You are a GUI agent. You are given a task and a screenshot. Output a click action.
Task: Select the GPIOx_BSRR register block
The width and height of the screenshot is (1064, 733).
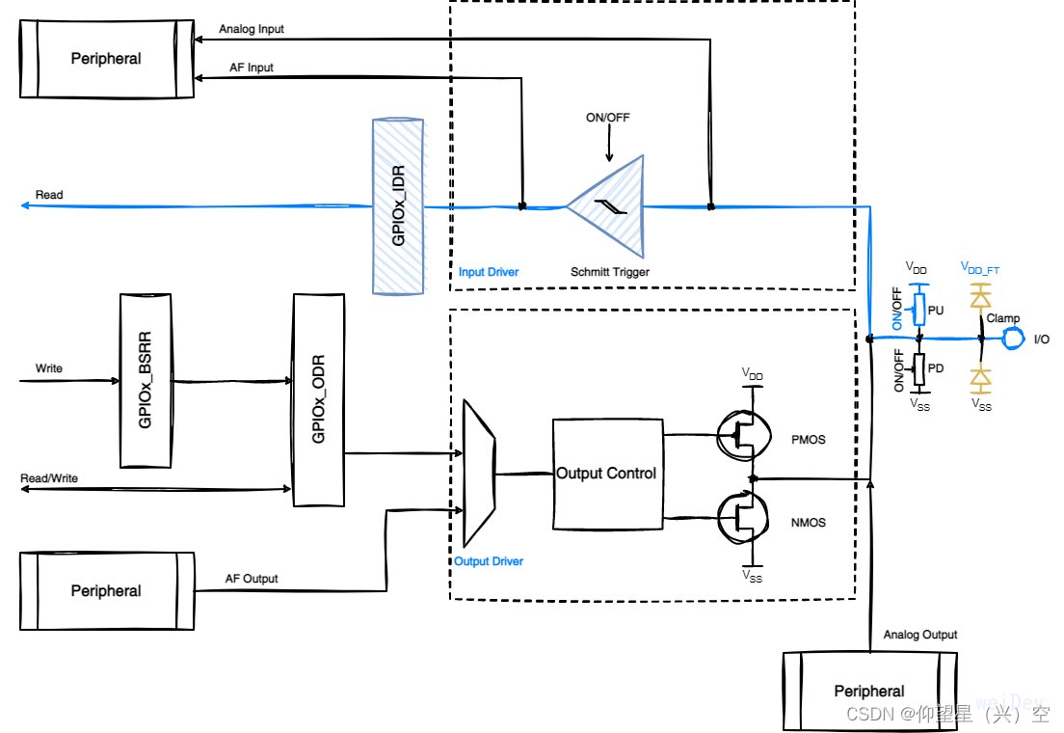(146, 381)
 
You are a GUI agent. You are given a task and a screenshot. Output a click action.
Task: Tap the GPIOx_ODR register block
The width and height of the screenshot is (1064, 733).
(318, 400)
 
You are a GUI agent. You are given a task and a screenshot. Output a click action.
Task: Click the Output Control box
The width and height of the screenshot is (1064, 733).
(607, 474)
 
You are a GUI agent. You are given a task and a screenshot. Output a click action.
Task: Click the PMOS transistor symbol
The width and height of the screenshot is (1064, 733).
(742, 438)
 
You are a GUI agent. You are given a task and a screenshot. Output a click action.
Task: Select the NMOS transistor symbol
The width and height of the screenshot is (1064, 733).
(742, 517)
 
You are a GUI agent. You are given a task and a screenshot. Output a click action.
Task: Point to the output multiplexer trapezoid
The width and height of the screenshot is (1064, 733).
(479, 473)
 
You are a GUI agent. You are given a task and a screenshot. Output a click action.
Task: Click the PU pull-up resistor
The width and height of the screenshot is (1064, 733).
(919, 310)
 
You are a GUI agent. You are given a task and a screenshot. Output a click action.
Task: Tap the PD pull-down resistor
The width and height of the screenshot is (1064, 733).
(919, 367)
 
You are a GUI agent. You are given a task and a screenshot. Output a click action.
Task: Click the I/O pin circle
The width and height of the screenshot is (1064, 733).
(1012, 339)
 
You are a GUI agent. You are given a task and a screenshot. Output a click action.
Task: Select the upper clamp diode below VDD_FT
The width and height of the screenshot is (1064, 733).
(981, 300)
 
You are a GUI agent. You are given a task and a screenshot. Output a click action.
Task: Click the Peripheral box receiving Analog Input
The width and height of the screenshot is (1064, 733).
(106, 59)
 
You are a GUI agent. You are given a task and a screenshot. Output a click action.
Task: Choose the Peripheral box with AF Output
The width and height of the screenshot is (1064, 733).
(106, 591)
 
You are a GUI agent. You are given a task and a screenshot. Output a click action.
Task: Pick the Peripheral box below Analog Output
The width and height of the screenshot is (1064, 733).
(869, 691)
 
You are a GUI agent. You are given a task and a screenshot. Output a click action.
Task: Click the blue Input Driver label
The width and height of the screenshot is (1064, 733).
(489, 272)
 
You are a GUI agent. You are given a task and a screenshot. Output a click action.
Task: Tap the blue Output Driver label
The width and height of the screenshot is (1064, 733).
(489, 561)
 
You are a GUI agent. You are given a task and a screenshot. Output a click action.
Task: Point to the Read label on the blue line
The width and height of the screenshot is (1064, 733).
(49, 195)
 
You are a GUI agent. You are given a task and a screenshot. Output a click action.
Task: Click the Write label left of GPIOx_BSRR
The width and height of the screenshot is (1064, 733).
(49, 368)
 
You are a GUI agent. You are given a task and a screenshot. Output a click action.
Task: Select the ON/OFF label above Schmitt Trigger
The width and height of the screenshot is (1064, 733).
(608, 118)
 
